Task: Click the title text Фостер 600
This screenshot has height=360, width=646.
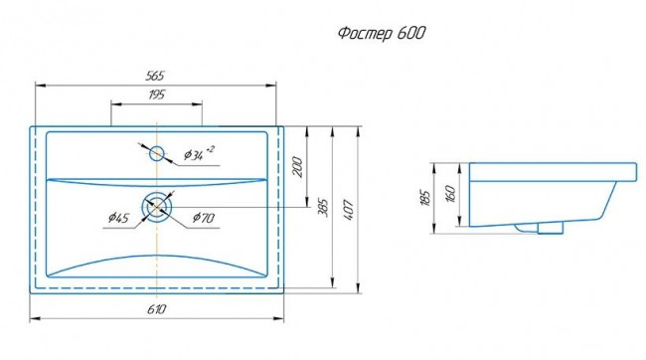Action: [x=381, y=33]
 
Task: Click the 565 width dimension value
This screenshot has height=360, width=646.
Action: [x=155, y=76]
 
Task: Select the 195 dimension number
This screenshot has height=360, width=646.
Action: [x=156, y=94]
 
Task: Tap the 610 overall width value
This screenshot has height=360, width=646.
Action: [x=157, y=309]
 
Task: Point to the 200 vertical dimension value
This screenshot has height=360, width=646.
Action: [x=297, y=167]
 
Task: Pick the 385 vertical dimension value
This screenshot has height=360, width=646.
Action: [x=323, y=208]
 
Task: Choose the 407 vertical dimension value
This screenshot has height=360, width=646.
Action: [x=349, y=210]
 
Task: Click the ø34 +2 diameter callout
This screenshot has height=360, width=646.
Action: [x=199, y=153]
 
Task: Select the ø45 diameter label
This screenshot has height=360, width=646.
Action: [x=118, y=217]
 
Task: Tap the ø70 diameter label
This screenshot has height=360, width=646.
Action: [x=204, y=217]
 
